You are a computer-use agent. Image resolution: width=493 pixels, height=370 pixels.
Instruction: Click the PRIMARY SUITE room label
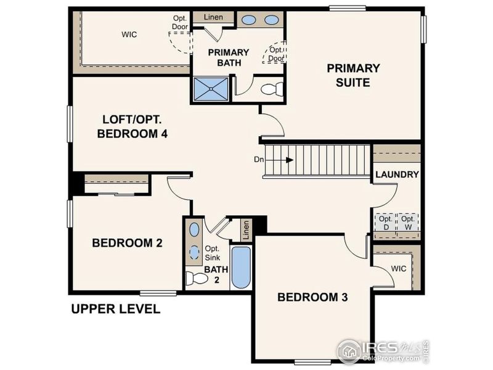[x=353, y=75]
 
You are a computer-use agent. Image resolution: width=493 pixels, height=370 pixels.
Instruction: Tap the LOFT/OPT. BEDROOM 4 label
[x=132, y=125]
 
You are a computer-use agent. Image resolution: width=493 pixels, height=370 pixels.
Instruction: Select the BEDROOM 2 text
[x=127, y=243]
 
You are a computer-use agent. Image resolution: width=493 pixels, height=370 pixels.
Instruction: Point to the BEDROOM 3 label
[x=312, y=297]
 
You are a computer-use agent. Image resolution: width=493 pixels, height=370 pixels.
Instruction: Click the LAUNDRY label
[x=397, y=175]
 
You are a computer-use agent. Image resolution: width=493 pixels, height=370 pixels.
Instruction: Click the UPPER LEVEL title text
[x=115, y=309]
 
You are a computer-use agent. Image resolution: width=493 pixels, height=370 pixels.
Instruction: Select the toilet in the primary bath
[x=271, y=89]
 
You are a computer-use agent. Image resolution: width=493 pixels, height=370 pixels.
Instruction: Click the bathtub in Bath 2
[x=241, y=268]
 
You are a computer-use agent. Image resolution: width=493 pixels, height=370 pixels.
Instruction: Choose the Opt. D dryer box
[x=386, y=223]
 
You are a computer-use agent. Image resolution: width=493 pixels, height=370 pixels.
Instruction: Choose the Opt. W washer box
[x=407, y=223]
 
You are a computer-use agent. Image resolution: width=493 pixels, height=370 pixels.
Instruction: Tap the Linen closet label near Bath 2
[x=246, y=229]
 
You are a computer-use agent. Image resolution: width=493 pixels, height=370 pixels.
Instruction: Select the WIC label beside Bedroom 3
[x=398, y=269]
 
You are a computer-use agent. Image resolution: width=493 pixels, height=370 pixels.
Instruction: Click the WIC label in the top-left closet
[x=129, y=35]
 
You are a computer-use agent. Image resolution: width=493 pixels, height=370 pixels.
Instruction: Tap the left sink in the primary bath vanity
[x=249, y=20]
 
